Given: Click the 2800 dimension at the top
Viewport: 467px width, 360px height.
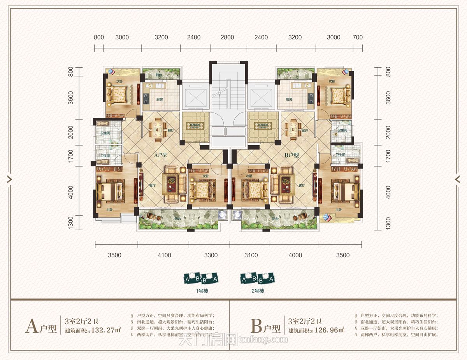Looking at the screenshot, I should (x=227, y=37).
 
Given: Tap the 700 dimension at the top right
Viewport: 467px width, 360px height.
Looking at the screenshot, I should (x=357, y=37).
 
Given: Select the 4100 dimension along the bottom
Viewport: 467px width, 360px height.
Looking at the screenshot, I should (x=164, y=255).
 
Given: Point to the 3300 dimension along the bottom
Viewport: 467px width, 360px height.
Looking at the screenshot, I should (x=211, y=255).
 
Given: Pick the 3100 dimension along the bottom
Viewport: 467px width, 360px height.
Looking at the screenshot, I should (x=251, y=255).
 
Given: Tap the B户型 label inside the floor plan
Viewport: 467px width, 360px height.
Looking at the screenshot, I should (x=291, y=155).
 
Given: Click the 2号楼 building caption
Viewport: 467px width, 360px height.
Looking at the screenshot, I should (x=257, y=291).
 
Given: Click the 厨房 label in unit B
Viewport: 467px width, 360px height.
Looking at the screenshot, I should (x=288, y=100).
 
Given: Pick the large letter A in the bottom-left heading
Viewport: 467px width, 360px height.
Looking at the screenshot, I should (x=32, y=327).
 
